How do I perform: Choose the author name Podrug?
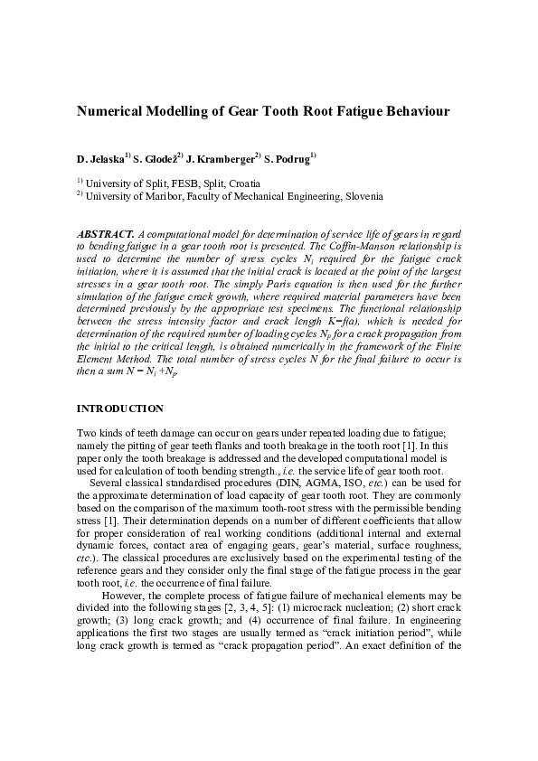(x=292, y=159)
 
